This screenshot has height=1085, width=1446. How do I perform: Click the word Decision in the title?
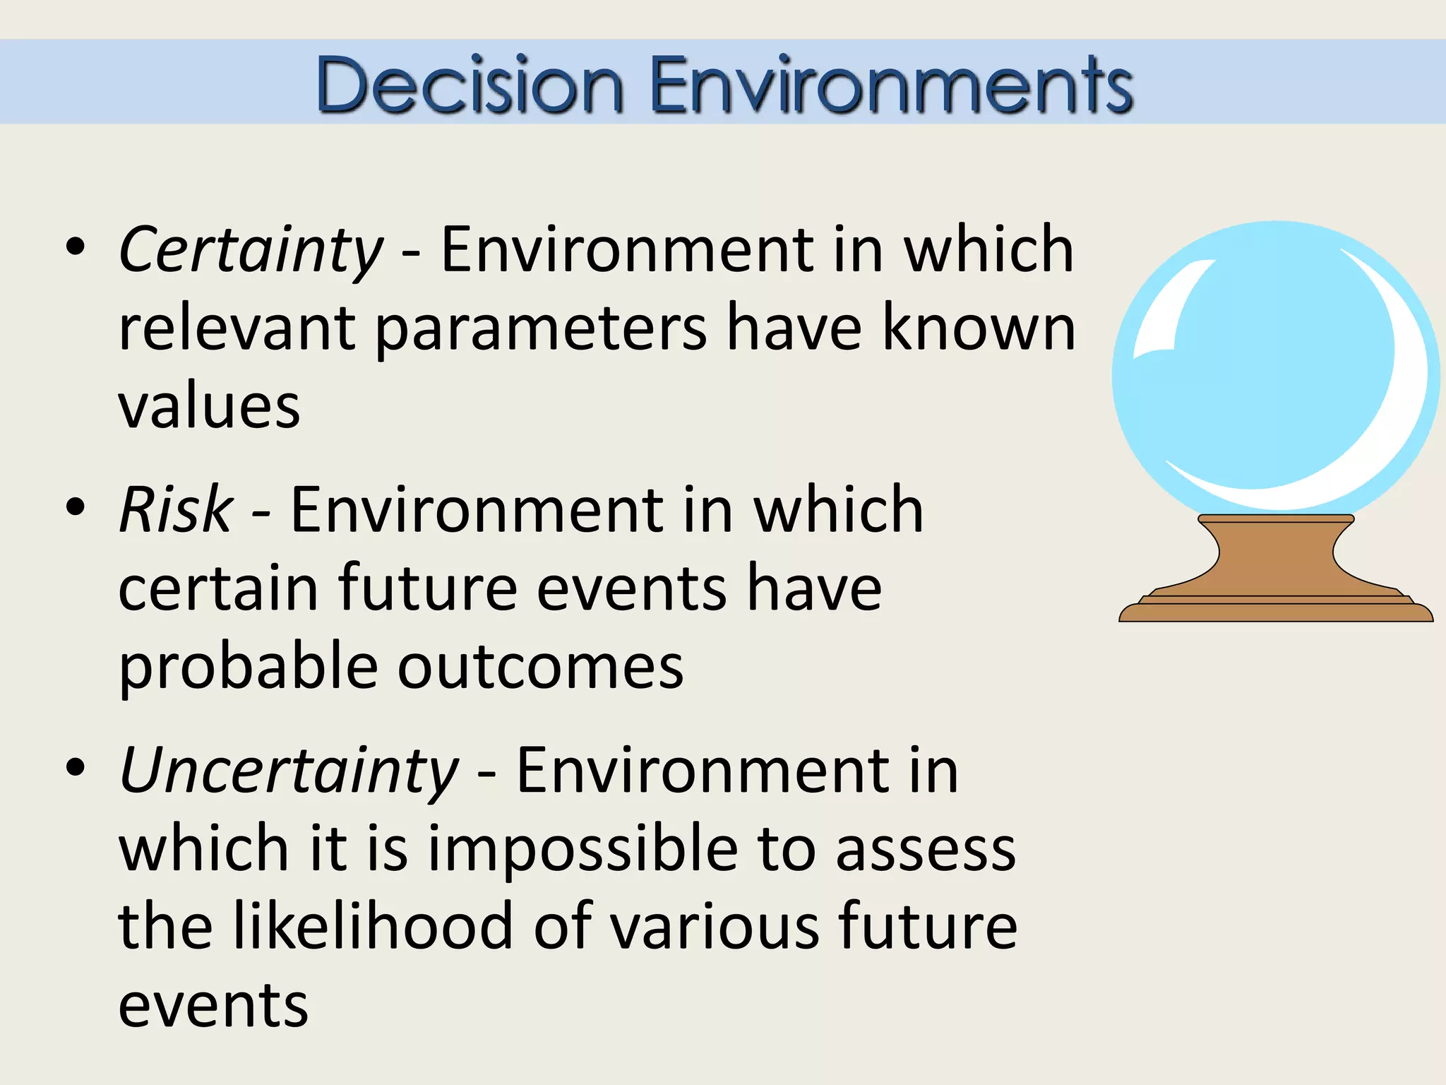click(470, 85)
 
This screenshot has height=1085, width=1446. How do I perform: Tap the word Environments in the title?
click(891, 85)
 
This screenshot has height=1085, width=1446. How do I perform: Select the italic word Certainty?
click(251, 251)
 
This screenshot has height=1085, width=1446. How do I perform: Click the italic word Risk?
click(176, 510)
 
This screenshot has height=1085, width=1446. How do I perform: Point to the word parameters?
click(540, 328)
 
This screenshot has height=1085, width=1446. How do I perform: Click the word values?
click(209, 408)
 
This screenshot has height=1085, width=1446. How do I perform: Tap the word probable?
click(249, 668)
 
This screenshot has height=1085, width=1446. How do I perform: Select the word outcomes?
click(540, 668)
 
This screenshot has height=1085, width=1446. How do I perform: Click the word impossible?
click(583, 849)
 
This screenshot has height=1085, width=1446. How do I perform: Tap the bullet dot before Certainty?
click(75, 247)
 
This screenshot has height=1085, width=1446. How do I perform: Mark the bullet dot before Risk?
click(75, 506)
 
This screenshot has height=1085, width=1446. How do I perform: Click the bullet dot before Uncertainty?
click(75, 768)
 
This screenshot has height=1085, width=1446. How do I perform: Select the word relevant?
click(237, 328)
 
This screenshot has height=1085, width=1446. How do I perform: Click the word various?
click(714, 927)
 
